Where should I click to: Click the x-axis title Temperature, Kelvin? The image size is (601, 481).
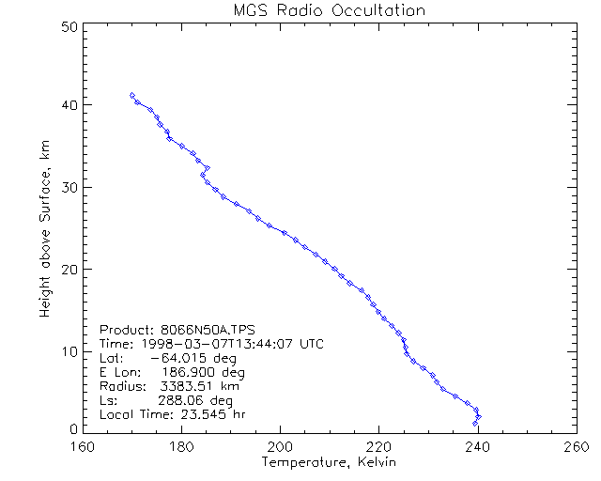pos(329,462)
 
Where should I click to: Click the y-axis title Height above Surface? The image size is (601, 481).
pos(45,225)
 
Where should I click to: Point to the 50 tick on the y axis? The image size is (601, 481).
pos(69,26)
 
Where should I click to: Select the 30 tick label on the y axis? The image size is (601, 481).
pos(69,187)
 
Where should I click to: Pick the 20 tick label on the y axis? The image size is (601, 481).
pos(69,270)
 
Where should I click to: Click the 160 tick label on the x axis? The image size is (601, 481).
pos(84,446)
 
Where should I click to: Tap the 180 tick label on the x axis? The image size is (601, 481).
pos(182,446)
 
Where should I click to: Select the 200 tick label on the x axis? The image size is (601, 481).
pos(281,446)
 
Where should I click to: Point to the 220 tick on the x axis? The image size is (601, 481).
pos(379,446)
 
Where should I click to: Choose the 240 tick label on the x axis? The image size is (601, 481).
pos(478,446)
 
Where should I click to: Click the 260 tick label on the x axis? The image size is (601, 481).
pos(576,446)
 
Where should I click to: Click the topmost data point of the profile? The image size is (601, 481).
pos(132,95)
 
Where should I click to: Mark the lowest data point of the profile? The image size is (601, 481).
pos(475,425)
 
